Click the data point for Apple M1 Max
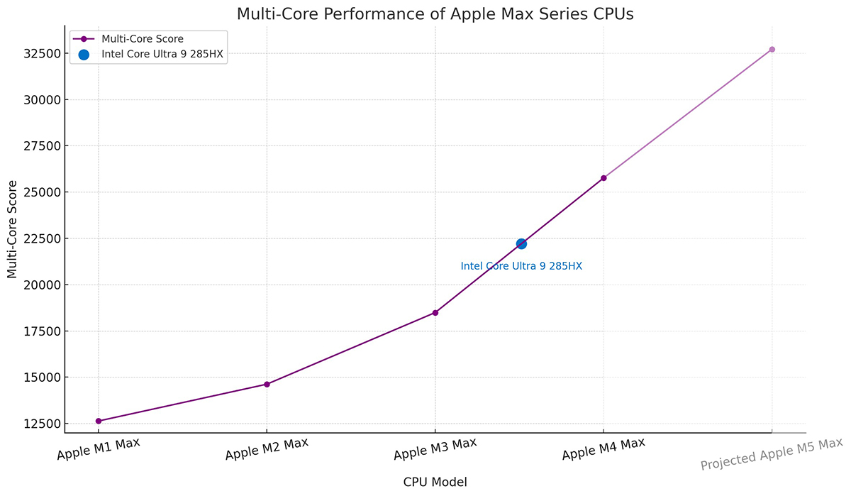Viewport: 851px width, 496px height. pos(99,421)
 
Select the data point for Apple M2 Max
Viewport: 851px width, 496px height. pos(267,384)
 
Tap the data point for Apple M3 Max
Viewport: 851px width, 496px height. pos(435,312)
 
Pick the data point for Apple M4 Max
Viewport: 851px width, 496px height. pos(604,177)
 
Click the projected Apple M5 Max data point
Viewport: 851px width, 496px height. pos(772,49)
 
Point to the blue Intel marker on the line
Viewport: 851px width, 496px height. pos(521,243)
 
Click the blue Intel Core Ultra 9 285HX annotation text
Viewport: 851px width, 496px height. pos(521,266)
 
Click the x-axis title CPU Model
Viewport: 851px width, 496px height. pos(435,482)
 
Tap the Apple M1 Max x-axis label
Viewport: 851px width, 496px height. pos(99,449)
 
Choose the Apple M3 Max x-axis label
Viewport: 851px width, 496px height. pos(435,449)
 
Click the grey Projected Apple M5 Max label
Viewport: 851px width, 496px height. pos(771,454)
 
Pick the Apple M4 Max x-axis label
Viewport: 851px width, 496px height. pos(604,449)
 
